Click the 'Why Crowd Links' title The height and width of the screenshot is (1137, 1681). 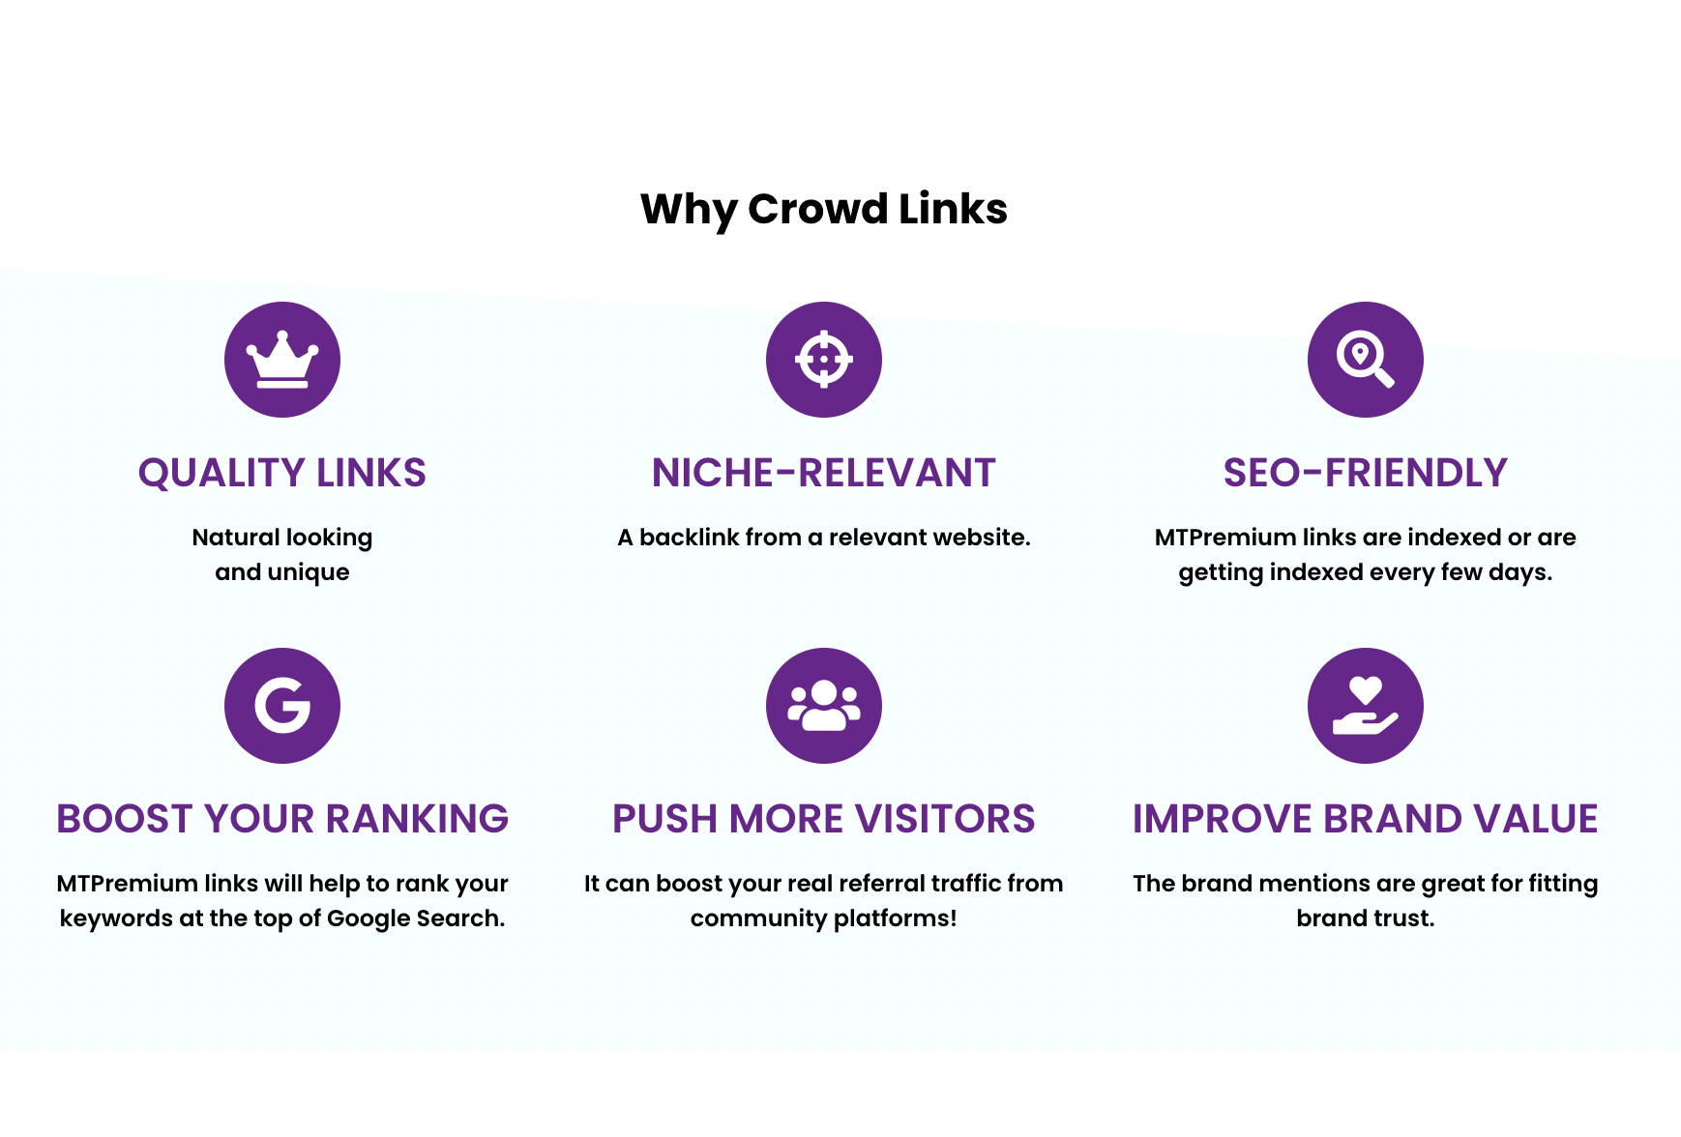(x=824, y=210)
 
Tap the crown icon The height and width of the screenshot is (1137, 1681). (x=282, y=360)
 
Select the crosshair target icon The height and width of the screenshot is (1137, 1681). (x=824, y=360)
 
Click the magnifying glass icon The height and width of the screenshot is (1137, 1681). (x=1366, y=360)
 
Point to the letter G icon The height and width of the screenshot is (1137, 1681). (x=282, y=706)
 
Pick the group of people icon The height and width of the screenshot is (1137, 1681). (x=824, y=706)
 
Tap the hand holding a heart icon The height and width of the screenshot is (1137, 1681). (x=1366, y=706)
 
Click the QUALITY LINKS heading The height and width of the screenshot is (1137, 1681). (x=282, y=473)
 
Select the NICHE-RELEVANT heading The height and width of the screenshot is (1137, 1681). (x=824, y=473)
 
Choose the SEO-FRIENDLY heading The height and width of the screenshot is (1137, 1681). (x=1366, y=473)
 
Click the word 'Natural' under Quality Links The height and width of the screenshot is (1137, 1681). (x=235, y=537)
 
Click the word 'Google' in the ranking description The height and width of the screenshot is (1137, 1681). (x=368, y=918)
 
